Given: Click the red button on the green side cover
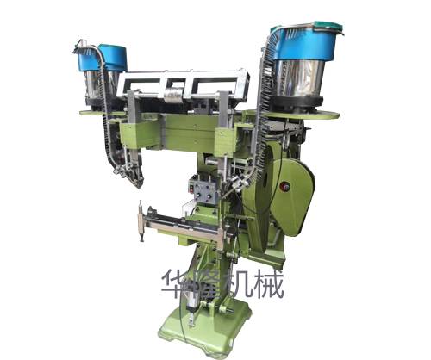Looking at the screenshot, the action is [286, 187].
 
